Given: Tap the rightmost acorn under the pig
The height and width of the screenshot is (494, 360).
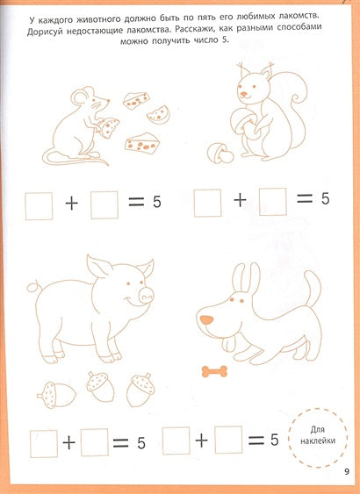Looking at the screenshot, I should click(140, 390).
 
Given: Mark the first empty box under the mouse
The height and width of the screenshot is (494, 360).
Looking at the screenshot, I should click(39, 204).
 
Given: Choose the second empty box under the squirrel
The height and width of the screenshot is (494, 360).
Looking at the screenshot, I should click(272, 201).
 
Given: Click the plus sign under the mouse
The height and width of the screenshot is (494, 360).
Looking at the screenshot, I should click(71, 205).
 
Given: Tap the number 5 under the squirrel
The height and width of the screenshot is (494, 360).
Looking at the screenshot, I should click(324, 199).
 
